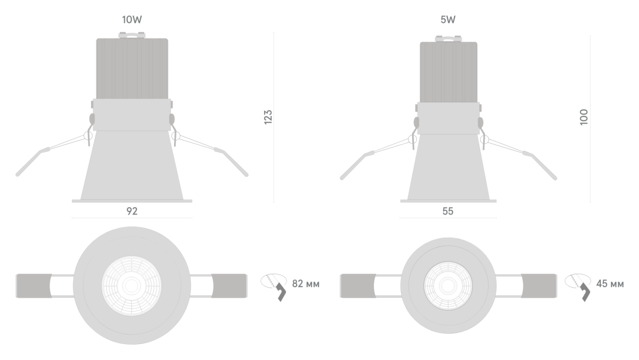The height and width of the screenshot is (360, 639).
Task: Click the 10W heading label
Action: pyautogui.click(x=132, y=20)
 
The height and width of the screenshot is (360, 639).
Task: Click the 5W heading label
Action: pyautogui.click(x=448, y=20)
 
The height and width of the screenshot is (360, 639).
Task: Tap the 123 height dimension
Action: pyautogui.click(x=268, y=117)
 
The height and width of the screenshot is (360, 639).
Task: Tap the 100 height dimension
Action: pyautogui.click(x=584, y=117)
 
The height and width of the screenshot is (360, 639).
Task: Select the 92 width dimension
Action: pyautogui.click(x=132, y=211)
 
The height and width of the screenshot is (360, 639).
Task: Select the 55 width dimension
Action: pyautogui.click(x=448, y=211)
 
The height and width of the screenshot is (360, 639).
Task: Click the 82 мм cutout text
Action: pyautogui.click(x=306, y=284)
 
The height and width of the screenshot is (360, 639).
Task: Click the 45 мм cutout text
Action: pyautogui.click(x=610, y=284)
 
